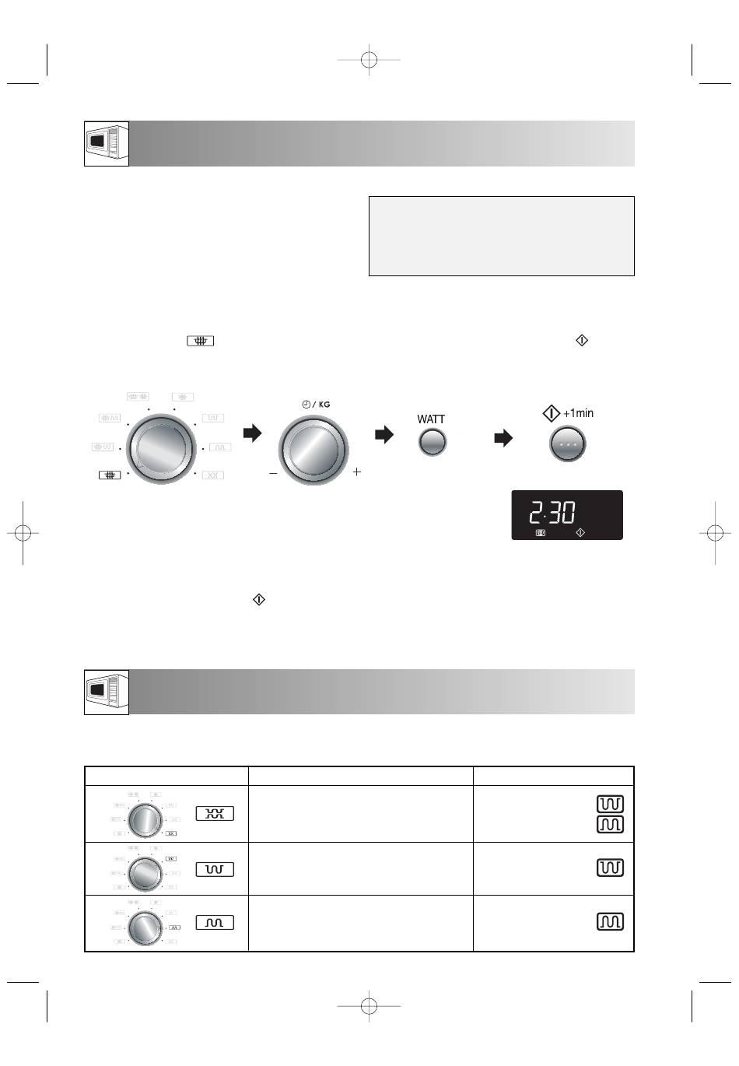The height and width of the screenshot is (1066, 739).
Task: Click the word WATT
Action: tap(431, 419)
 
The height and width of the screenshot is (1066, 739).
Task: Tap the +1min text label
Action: tap(578, 413)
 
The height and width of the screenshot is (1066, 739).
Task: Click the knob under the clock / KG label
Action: tap(313, 451)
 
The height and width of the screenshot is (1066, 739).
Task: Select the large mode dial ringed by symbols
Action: tap(161, 449)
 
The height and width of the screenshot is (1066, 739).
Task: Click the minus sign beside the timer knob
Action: tap(273, 473)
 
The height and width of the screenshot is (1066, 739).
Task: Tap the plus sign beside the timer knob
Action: tap(357, 472)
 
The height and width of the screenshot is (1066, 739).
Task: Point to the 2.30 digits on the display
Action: tap(552, 513)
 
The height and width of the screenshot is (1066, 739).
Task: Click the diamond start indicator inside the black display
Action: tap(580, 532)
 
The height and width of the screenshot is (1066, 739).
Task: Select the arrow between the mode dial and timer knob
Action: tap(252, 433)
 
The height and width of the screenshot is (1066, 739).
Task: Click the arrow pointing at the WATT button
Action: tap(384, 434)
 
